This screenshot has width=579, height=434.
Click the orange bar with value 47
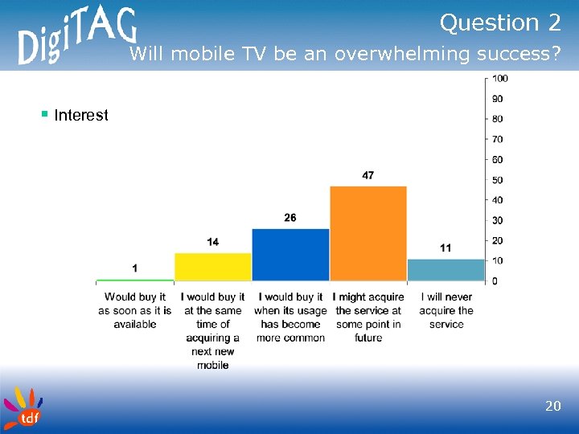(x=368, y=233)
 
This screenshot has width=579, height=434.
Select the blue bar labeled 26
(x=290, y=255)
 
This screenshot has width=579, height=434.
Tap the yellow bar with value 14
(x=213, y=267)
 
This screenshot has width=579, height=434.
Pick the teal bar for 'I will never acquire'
(x=446, y=270)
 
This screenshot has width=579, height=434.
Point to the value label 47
(x=368, y=175)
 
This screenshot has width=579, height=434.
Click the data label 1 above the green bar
(x=134, y=268)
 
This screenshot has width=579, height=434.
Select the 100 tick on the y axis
(x=499, y=79)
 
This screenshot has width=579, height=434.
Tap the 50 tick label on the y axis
(x=498, y=180)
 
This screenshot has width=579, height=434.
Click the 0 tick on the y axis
(x=495, y=280)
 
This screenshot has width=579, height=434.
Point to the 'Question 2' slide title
(x=499, y=24)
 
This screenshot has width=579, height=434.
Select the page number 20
(x=552, y=407)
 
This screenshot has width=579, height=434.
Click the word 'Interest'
(x=81, y=116)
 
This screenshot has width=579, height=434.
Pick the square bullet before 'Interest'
(x=45, y=114)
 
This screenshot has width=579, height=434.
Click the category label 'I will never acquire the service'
(x=446, y=311)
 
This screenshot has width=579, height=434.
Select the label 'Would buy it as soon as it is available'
(x=135, y=311)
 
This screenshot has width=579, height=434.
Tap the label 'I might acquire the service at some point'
(x=368, y=317)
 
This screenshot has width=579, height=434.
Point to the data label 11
(x=445, y=248)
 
